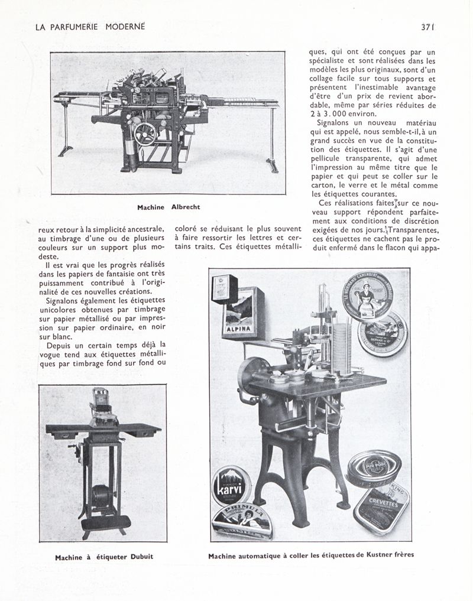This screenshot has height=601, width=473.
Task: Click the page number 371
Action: tap(428, 27)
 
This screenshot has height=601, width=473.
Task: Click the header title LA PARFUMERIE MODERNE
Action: tap(90, 27)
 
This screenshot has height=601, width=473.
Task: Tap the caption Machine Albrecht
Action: tap(169, 207)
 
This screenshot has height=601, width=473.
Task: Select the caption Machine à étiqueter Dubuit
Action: tap(104, 557)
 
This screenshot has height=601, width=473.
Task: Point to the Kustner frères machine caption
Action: tap(312, 556)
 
